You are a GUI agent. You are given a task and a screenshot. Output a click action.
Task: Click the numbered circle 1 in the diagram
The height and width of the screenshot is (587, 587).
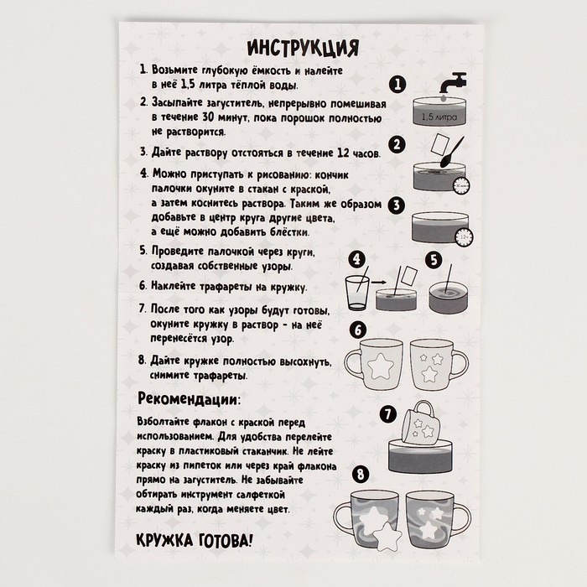pos(398,84)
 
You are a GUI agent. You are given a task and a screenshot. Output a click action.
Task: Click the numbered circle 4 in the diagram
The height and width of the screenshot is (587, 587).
pos(358,260)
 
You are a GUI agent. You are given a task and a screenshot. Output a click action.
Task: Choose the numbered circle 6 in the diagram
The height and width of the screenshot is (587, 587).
pos(358,330)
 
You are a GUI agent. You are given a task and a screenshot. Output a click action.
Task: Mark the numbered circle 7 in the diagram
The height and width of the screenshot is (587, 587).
pos(387,413)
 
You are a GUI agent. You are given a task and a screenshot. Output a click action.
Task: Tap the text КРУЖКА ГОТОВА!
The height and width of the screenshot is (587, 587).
pos(195,539)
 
